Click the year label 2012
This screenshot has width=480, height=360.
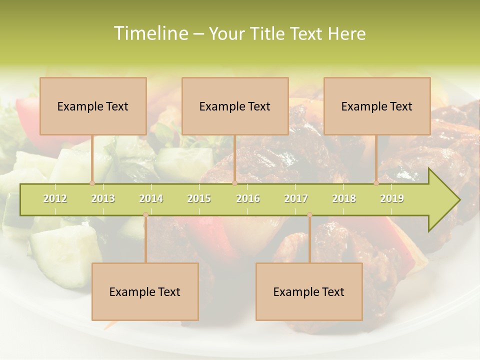click(x=55, y=198)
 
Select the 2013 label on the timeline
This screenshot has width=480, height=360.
click(x=103, y=198)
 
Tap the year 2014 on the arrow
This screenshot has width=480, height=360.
click(x=151, y=198)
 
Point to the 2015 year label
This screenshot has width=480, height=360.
click(x=199, y=198)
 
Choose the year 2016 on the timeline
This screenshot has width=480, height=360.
click(x=248, y=198)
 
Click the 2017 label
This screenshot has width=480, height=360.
click(x=296, y=198)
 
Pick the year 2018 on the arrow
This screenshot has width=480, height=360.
click(x=344, y=198)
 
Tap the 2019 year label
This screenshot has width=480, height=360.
click(x=392, y=198)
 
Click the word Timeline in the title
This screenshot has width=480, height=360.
click(x=150, y=33)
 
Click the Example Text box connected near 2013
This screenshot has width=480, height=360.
click(x=93, y=106)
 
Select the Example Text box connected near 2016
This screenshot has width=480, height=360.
click(x=235, y=106)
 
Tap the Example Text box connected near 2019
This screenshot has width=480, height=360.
click(x=377, y=106)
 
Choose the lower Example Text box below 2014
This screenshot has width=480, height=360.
click(x=145, y=291)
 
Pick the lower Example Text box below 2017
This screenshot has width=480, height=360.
click(x=309, y=291)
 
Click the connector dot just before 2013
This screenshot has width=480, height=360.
click(x=92, y=183)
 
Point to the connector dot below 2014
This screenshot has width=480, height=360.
click(x=145, y=215)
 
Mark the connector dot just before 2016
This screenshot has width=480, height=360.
click(x=234, y=183)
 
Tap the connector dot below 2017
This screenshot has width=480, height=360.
click(x=309, y=215)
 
